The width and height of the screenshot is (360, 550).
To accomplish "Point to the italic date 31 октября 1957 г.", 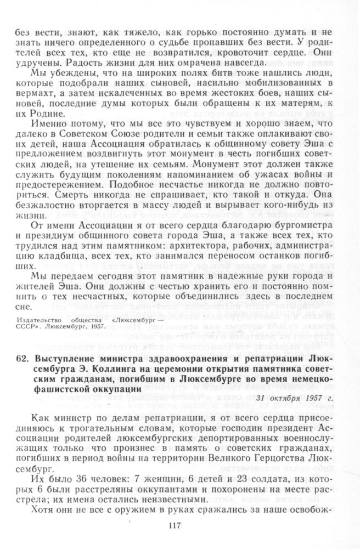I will point(294,382).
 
